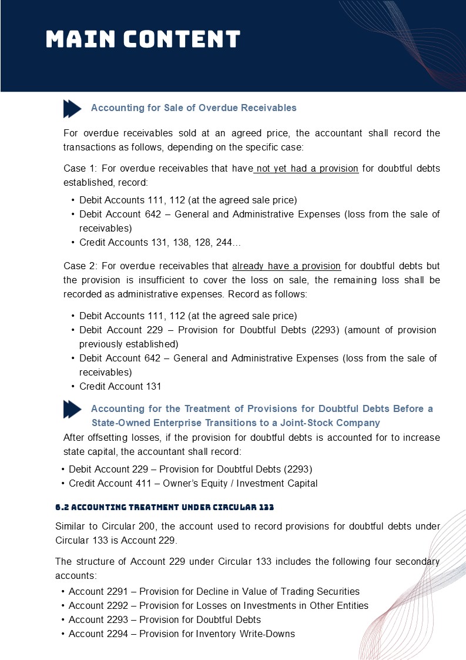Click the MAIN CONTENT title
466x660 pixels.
point(143,39)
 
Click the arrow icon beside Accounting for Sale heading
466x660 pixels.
point(72,109)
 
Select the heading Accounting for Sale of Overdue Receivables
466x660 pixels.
point(193,108)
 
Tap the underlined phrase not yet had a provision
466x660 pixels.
point(307,169)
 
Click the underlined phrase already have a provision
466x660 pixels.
point(286,266)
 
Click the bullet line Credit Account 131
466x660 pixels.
point(120,386)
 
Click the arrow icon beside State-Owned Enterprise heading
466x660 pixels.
point(72,410)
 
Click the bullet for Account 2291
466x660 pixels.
point(62,591)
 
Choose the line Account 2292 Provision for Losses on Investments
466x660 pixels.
point(218,605)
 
